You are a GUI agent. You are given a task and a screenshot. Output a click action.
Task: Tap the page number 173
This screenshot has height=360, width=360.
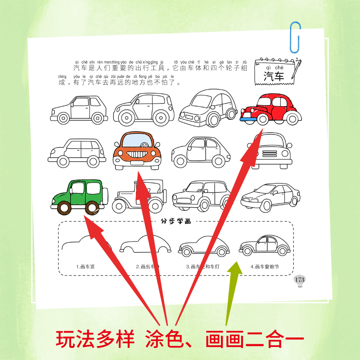pos(299,280)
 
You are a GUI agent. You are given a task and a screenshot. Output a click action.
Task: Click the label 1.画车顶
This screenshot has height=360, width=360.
pos(85,266)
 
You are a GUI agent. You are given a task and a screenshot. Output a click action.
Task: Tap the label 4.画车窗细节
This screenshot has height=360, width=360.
pos(265,266)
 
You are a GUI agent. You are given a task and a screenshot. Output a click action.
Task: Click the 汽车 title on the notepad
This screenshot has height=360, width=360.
pos(274,76)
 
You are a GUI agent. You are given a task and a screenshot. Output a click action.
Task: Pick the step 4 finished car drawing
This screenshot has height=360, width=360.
pos(265,246)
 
